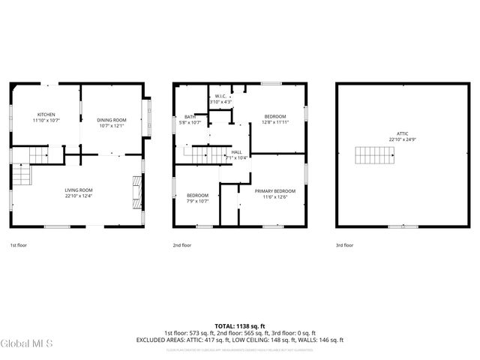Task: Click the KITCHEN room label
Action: (x=46, y=114)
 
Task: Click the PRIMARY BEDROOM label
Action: (x=274, y=190)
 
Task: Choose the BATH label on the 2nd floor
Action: (x=190, y=116)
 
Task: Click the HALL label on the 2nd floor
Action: (x=236, y=151)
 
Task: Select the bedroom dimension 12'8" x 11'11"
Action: (x=275, y=122)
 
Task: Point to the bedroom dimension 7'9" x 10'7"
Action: (x=197, y=201)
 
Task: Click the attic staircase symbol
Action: (x=372, y=156)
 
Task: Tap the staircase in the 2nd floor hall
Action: (x=203, y=154)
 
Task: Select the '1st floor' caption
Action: (x=18, y=245)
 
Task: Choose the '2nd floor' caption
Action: (x=182, y=245)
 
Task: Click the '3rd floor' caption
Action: (x=343, y=245)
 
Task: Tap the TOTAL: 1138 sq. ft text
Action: (x=239, y=325)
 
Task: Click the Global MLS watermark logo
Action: (x=26, y=343)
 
